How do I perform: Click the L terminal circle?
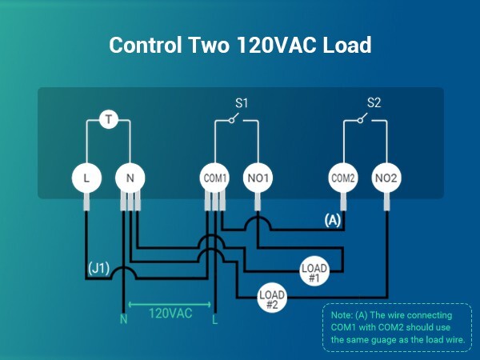coord(86,178)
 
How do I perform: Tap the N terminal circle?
coord(130,178)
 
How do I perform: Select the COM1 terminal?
coord(214,178)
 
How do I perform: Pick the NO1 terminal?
coord(258,178)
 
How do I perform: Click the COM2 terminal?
coord(344,178)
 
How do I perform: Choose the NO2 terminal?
coord(387,178)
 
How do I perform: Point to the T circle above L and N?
coord(109,121)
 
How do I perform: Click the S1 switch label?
coord(242,103)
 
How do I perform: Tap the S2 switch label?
coord(374,103)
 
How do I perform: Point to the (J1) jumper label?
coord(98,266)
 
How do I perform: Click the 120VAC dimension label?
coord(170,313)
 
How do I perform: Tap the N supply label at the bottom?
coord(123,320)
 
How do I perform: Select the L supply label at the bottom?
coord(214,320)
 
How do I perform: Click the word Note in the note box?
coord(341,315)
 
